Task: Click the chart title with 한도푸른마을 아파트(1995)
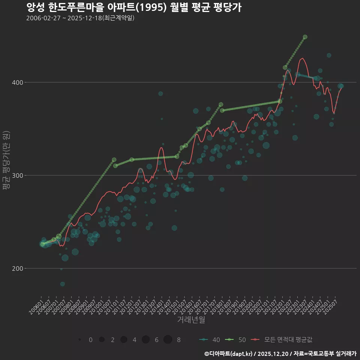tap(134, 7)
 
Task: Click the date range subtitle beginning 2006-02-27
tap(80, 18)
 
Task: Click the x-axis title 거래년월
tap(191, 320)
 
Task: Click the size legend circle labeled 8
tap(168, 339)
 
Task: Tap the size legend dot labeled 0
tap(80, 339)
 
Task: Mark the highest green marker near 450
tap(305, 37)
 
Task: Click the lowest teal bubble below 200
tap(63, 284)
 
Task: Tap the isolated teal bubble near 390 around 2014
tap(160, 93)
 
